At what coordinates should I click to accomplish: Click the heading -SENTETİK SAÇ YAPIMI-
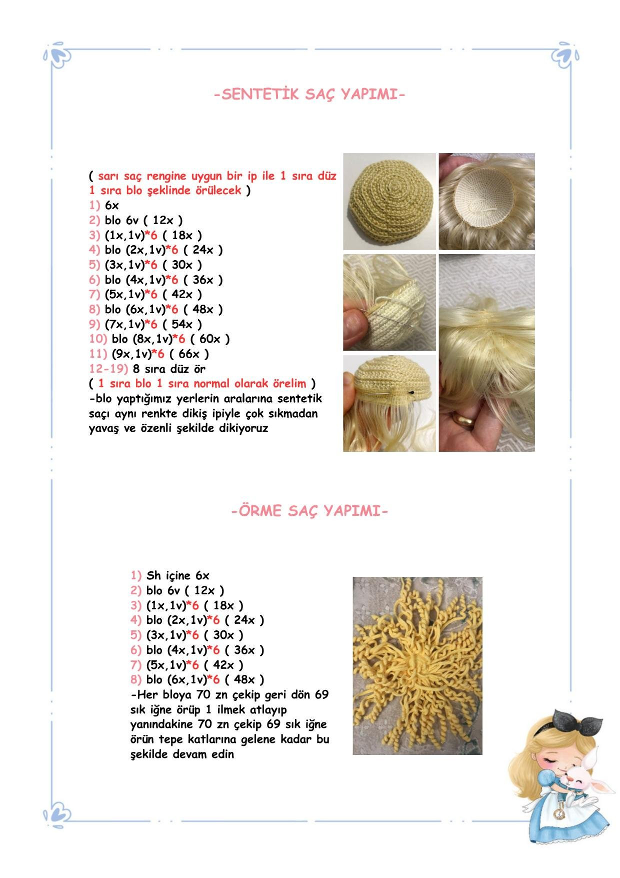coord(309,95)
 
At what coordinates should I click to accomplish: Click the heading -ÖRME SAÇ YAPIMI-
coord(309,511)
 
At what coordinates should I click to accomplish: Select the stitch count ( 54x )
coord(182,324)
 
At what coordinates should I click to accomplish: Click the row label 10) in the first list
coord(98,339)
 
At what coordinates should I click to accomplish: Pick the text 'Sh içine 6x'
coord(177,576)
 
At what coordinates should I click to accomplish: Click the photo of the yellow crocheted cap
coord(389,201)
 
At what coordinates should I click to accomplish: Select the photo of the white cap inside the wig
coord(486,201)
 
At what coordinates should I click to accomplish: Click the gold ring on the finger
coord(463,419)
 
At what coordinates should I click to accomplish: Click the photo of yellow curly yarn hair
coord(417,665)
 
